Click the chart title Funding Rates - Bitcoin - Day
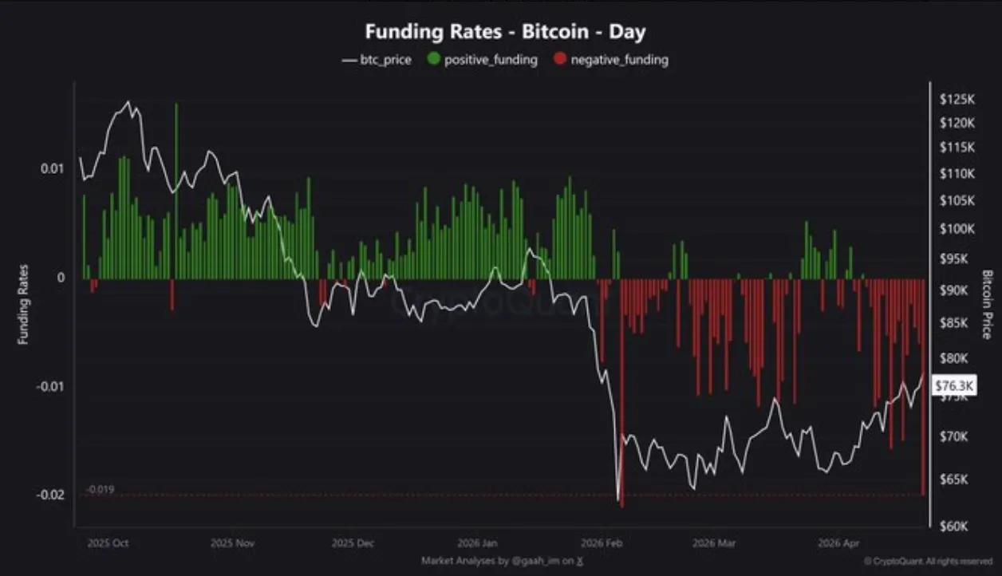[505, 33]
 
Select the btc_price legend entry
[377, 59]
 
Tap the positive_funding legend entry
[483, 59]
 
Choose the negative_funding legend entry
[611, 59]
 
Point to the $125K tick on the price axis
[957, 100]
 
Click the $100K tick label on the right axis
[957, 229]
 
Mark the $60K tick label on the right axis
[957, 527]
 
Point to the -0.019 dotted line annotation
[100, 489]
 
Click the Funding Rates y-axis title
[23, 304]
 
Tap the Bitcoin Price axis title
[988, 304]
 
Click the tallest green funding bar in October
[176, 191]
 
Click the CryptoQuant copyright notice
[928, 562]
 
